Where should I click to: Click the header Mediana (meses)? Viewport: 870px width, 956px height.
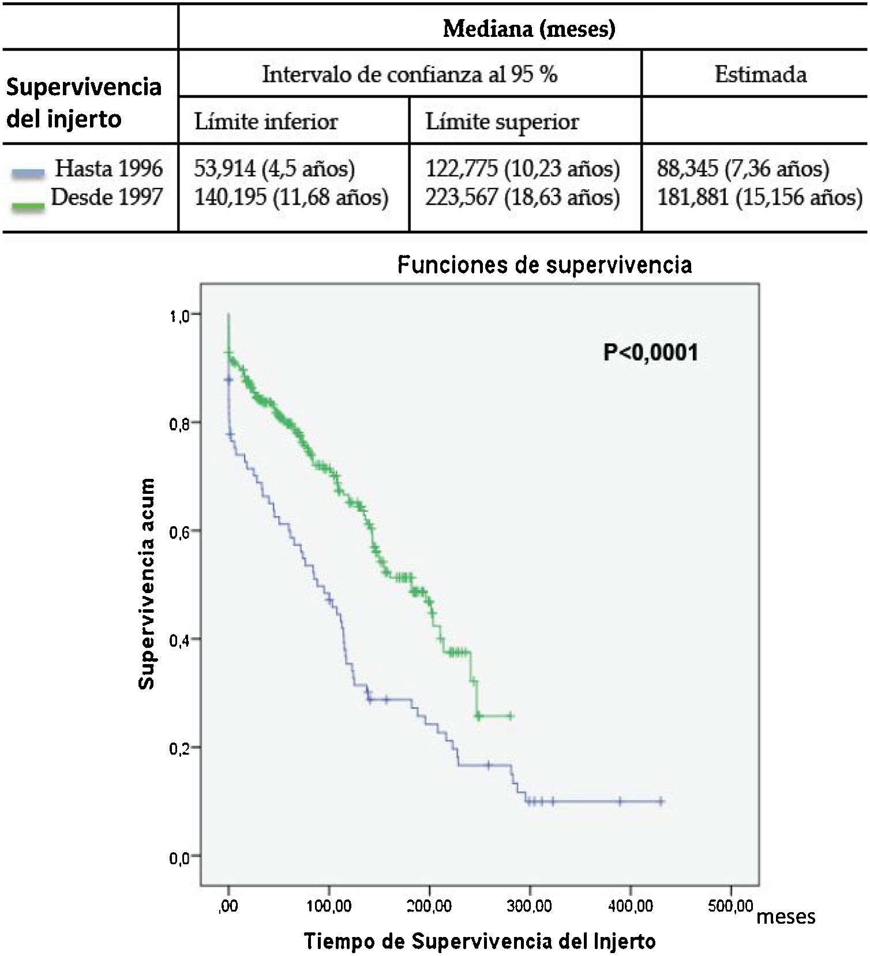point(528,28)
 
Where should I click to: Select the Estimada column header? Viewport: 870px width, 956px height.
point(760,74)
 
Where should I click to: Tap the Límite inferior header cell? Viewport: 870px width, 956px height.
point(266,122)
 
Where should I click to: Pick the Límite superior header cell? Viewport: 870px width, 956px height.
point(501,122)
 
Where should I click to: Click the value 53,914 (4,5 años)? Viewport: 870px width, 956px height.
point(274,168)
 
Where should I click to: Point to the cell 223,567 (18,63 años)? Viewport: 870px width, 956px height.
point(522,197)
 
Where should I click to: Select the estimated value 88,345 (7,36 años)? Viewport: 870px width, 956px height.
point(742,168)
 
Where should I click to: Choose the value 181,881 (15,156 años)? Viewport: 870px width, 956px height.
point(759,197)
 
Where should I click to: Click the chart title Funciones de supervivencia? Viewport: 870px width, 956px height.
point(544,264)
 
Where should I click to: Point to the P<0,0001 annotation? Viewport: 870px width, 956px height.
point(650,352)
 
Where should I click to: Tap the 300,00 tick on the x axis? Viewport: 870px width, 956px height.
point(530,906)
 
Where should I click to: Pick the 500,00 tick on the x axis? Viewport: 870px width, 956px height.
point(730,906)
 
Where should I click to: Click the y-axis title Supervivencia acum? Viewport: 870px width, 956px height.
point(147,583)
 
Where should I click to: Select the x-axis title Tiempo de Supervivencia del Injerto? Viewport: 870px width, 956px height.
point(479,942)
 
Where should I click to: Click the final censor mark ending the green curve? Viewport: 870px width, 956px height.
point(509,716)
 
